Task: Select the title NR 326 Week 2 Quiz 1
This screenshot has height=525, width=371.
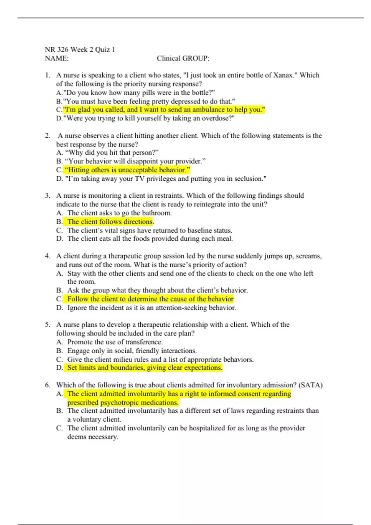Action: pos(80,49)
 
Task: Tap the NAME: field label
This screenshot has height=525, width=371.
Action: pos(57,58)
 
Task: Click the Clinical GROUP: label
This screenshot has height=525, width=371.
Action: pos(183,58)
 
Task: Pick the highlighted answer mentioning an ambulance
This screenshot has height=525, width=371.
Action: pos(164,110)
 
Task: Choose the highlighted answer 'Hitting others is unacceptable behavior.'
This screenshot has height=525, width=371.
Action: pos(127,170)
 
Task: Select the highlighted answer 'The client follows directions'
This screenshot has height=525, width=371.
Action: pos(110,221)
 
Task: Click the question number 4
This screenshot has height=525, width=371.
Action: pos(47,256)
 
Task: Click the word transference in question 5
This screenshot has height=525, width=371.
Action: pos(144,342)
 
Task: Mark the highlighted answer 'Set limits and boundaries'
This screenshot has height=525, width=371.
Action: pos(145,367)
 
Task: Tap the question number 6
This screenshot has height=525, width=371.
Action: pos(47,385)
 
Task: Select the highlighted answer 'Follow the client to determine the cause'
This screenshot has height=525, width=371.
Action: pos(150,299)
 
